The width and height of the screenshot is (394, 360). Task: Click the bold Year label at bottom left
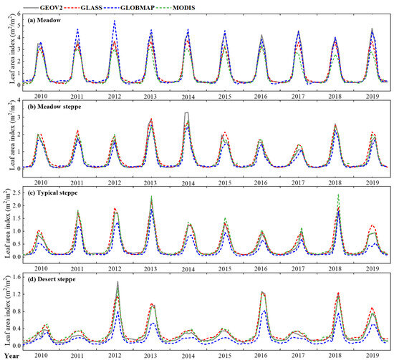[x=10, y=353]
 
